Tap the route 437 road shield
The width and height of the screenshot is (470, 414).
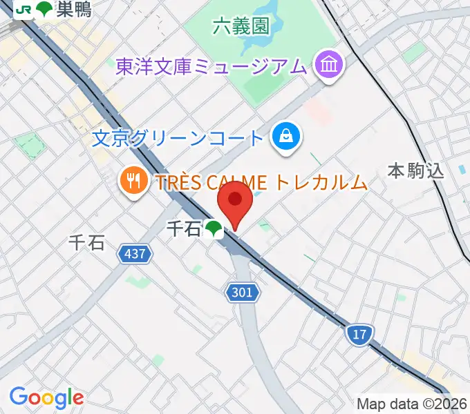tap(135, 254)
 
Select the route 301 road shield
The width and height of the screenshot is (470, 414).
tap(243, 293)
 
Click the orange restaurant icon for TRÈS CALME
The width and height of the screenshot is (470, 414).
tap(132, 182)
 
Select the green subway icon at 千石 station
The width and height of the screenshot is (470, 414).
tap(214, 229)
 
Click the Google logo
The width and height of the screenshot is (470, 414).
tap(46, 397)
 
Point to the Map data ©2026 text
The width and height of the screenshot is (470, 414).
tap(412, 404)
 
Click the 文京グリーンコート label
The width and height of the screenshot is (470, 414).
tap(178, 138)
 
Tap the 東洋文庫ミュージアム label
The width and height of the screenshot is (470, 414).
tap(210, 67)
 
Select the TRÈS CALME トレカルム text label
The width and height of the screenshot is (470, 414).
tap(261, 182)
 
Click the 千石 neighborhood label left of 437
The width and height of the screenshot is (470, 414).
tap(87, 243)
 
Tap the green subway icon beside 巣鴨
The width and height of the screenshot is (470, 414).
tap(44, 9)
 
